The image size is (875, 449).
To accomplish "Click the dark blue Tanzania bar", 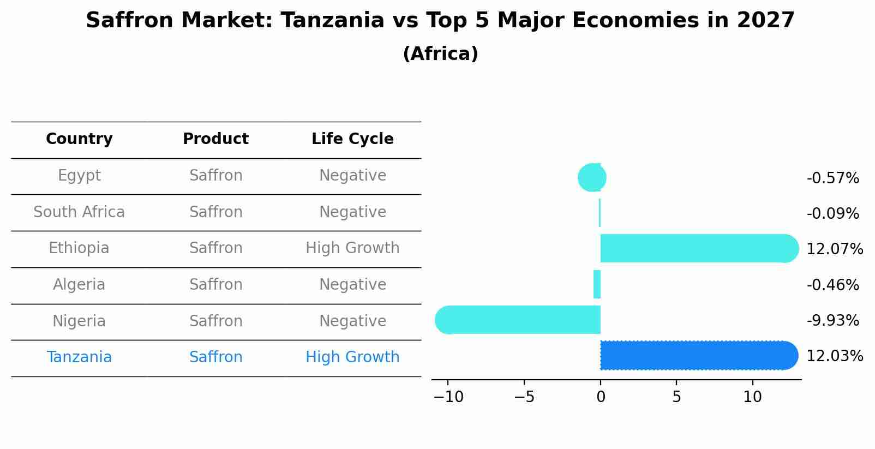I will click(x=698, y=355).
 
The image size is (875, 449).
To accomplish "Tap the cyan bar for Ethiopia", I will click(x=698, y=248).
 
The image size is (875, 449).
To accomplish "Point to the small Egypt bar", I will click(x=592, y=177).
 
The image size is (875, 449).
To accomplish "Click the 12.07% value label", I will click(x=834, y=249).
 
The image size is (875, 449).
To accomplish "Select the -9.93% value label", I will click(x=832, y=321).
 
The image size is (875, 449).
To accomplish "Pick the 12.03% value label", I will click(x=834, y=356).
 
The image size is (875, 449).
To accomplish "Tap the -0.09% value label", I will click(x=832, y=214).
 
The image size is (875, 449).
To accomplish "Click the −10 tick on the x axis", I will click(x=448, y=397).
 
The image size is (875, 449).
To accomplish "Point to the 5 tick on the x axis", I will click(x=676, y=397).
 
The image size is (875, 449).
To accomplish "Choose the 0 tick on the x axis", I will click(x=601, y=397).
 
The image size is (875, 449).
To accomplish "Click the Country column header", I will click(x=79, y=139).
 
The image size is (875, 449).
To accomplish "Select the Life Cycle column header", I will click(x=352, y=139).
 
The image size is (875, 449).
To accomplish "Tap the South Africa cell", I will click(x=79, y=212).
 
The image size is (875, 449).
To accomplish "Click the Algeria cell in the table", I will click(x=79, y=285).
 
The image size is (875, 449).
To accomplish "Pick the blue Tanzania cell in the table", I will click(x=79, y=357).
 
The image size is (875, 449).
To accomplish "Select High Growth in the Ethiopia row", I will click(x=352, y=248).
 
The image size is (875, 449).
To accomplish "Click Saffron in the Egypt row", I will click(x=215, y=176).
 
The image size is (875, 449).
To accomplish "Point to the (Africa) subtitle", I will click(x=440, y=54).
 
